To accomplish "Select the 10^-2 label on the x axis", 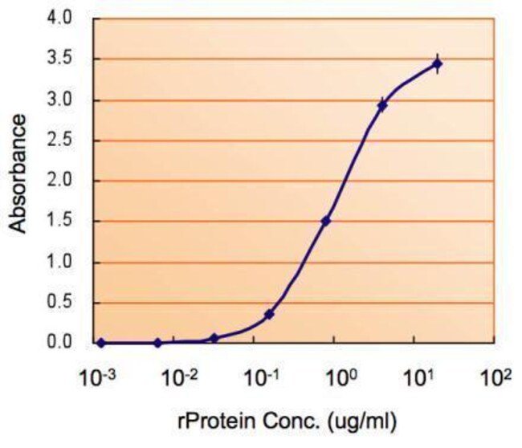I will (x=180, y=375).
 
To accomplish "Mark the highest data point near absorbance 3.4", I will (x=437, y=63).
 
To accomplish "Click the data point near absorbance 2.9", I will (x=382, y=105).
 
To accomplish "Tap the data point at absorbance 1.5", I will (x=326, y=221).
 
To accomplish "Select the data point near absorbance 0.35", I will (x=269, y=314).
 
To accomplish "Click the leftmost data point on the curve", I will (x=101, y=343).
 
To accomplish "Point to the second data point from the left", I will (x=157, y=343).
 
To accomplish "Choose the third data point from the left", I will (x=214, y=339).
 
